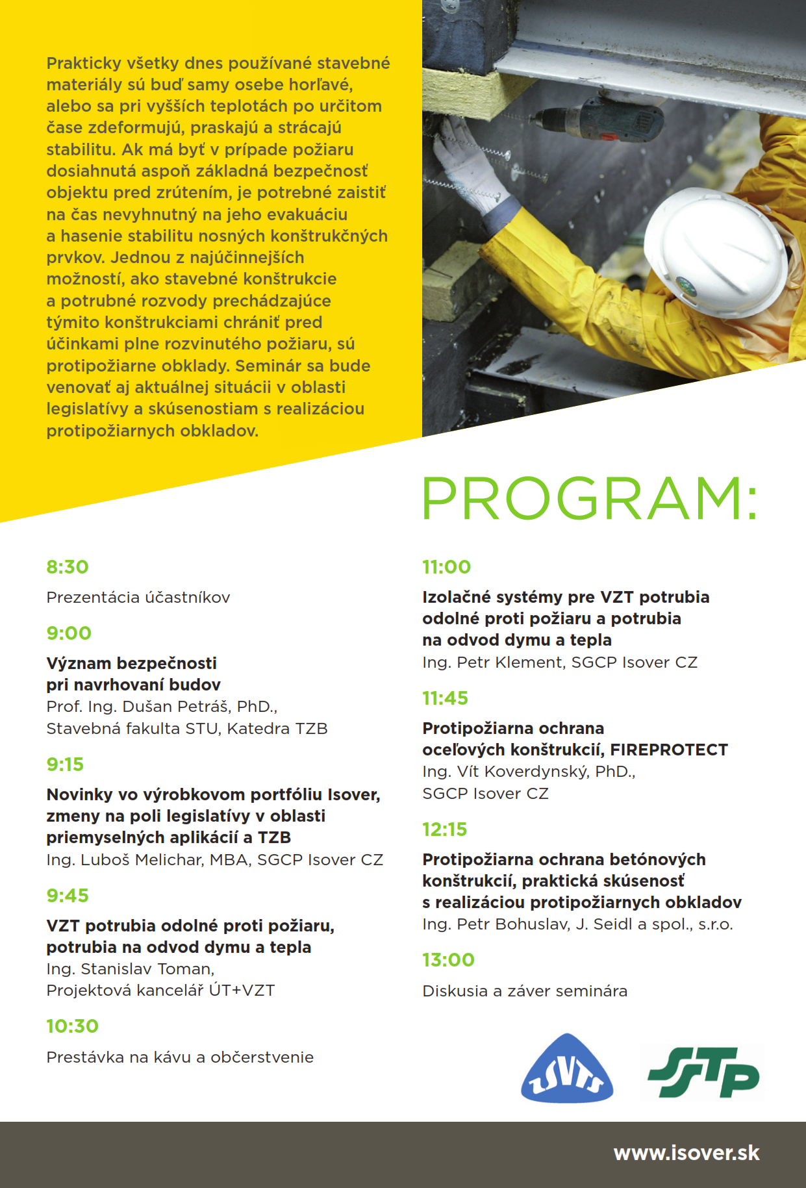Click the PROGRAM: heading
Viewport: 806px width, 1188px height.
coord(589,498)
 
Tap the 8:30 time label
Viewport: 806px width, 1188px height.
coord(68,567)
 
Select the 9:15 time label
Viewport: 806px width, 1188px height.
coord(65,765)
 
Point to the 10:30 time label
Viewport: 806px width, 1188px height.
coord(72,1026)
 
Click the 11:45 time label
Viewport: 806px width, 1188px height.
coord(445,698)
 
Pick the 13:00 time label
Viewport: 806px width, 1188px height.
coord(448,960)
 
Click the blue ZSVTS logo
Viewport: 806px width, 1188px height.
coord(566,1069)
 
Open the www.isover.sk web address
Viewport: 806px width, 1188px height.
coord(686,1153)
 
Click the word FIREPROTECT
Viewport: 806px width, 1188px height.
coord(669,750)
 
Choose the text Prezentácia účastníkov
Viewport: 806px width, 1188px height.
coord(138,598)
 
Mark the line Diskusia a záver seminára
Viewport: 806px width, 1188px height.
coord(525,991)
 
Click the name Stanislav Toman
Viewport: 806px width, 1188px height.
coord(147,969)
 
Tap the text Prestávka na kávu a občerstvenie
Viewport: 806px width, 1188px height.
coord(180,1057)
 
